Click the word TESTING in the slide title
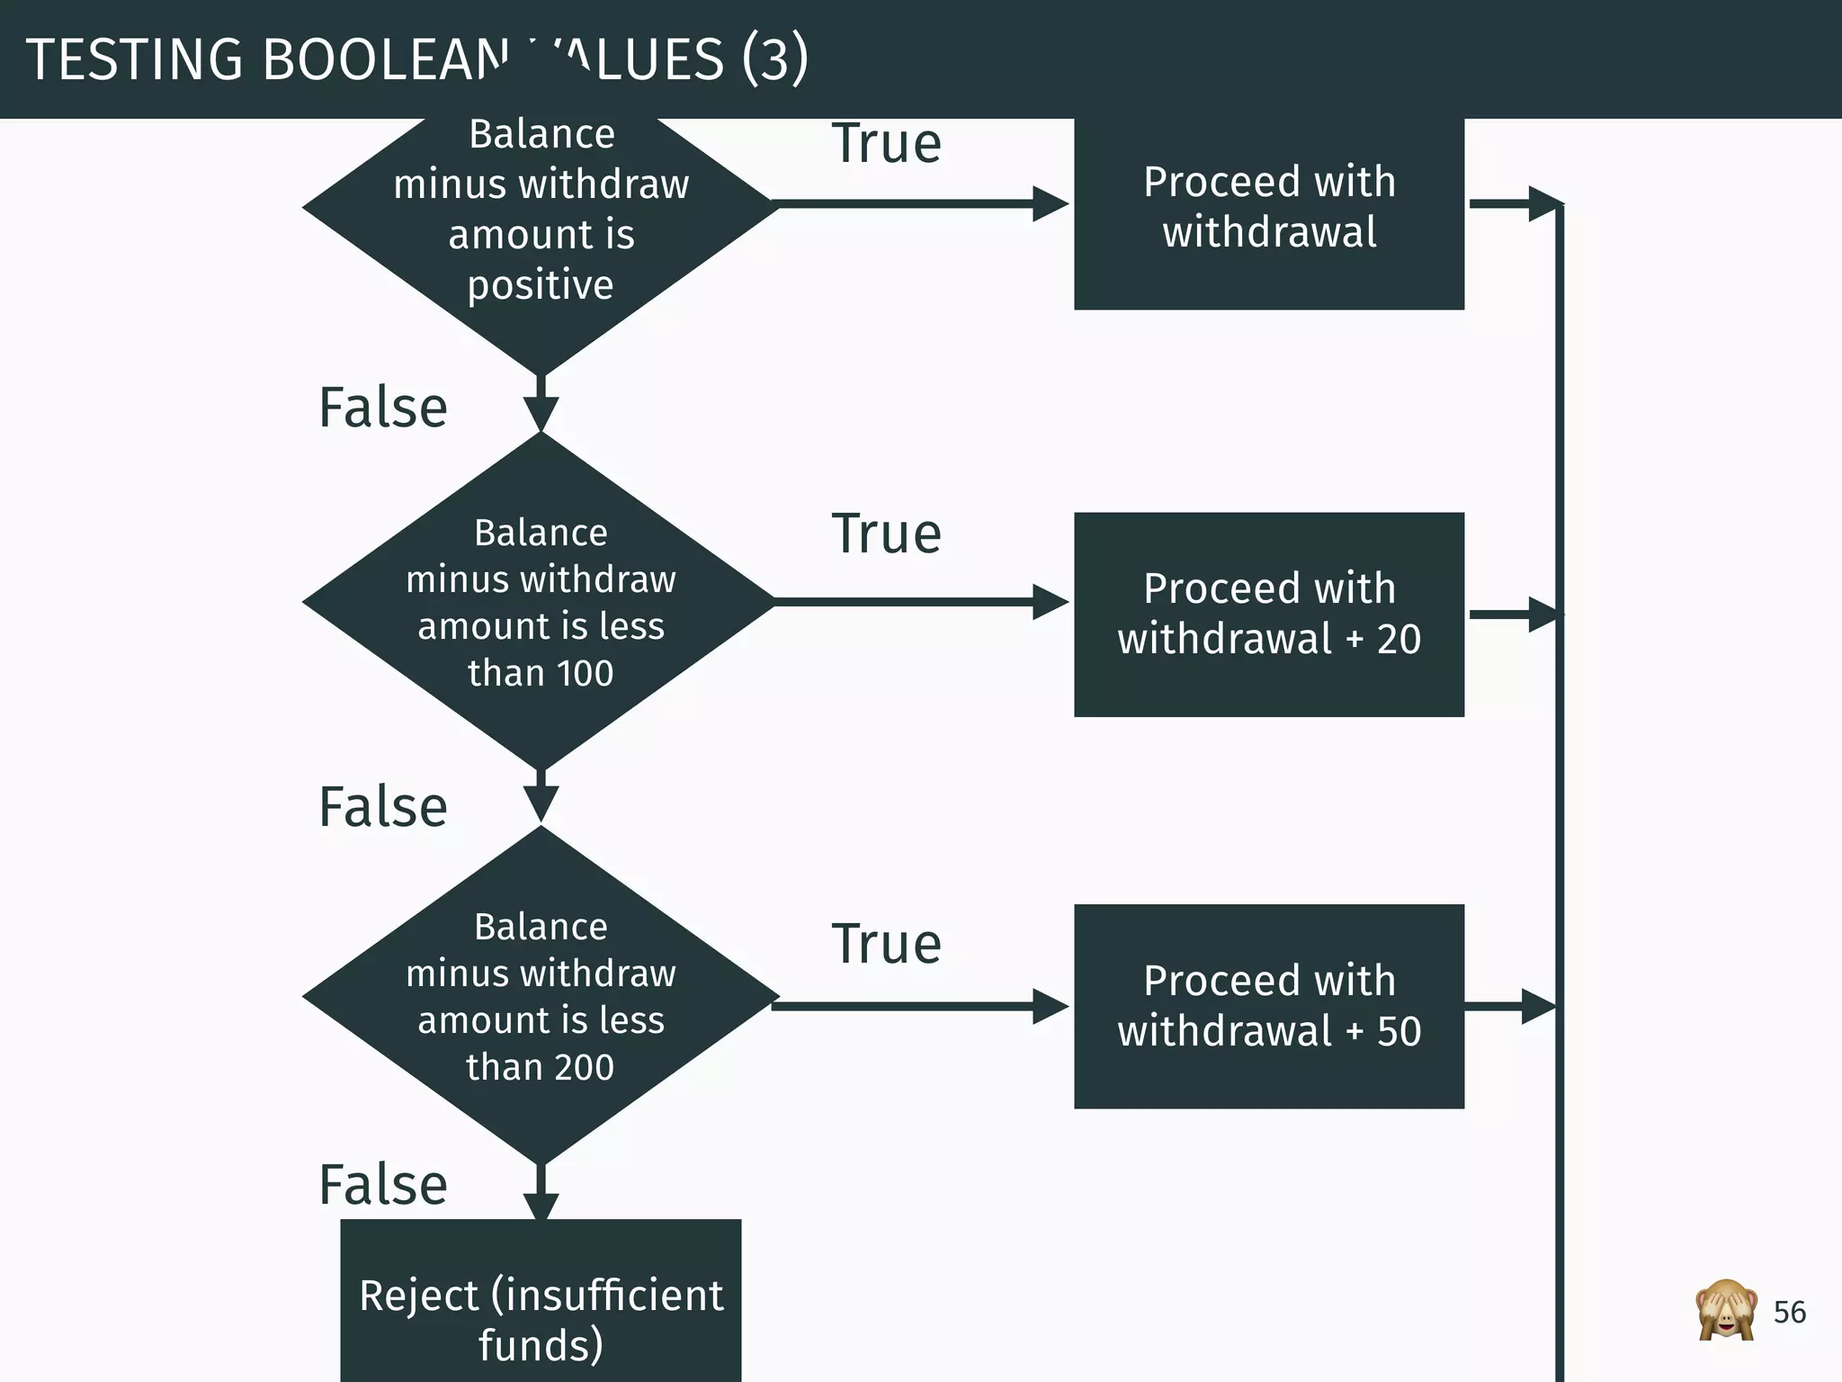tap(134, 60)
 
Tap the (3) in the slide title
tap(774, 58)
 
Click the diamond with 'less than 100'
tap(541, 602)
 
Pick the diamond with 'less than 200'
tap(541, 996)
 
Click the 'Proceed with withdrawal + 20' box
tap(1268, 615)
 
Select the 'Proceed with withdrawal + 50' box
tap(1268, 1006)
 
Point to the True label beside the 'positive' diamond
tap(886, 143)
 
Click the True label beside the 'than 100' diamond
tap(886, 534)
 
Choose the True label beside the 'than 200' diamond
tap(886, 944)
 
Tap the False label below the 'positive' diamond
tap(383, 408)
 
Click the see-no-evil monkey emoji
tap(1725, 1310)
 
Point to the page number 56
tap(1789, 1313)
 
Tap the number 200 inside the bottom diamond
tap(584, 1067)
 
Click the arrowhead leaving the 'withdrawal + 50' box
tap(1538, 1006)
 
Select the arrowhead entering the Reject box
tap(541, 1206)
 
